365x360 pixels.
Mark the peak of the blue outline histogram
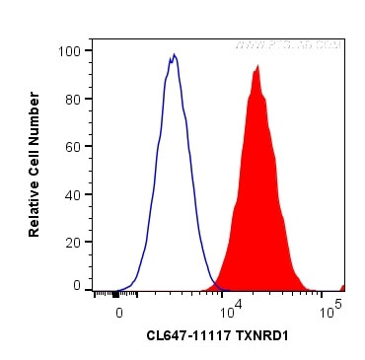point(174,56)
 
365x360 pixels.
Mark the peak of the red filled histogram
point(257,66)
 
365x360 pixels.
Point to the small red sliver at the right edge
point(342,287)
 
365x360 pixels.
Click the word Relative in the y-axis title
point(35,206)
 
